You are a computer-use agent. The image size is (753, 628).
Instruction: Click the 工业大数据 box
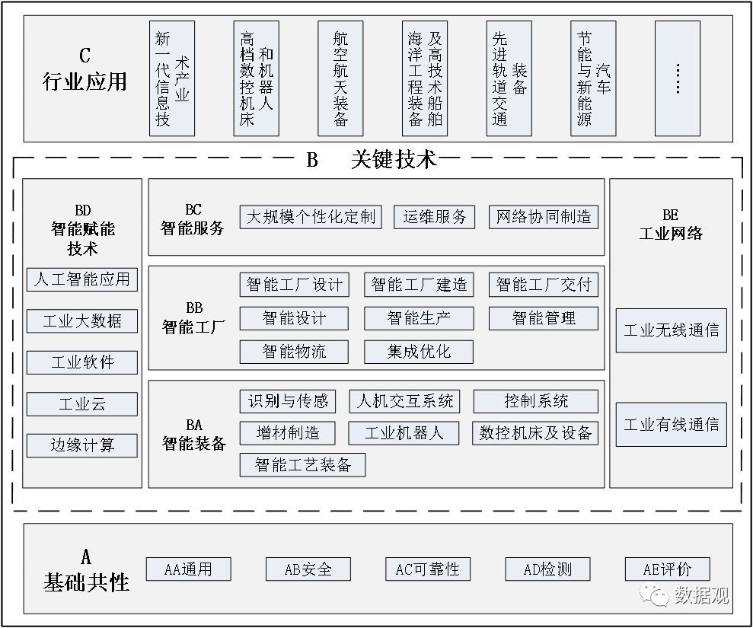click(x=82, y=321)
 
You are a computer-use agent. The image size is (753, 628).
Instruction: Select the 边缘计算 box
click(x=82, y=445)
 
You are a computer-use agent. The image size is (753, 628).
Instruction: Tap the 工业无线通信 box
click(x=671, y=330)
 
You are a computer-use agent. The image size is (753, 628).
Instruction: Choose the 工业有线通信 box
click(x=671, y=425)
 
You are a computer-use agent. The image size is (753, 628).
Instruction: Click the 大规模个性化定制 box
click(x=311, y=217)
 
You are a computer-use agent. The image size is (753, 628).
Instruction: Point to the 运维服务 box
click(x=434, y=217)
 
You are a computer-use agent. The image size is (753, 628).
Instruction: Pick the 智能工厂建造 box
click(x=419, y=285)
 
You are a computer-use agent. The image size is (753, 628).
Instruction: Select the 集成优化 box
click(x=419, y=352)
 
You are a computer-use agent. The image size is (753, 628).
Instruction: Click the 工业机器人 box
click(x=404, y=433)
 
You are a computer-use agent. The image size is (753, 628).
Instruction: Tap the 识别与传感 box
click(x=288, y=401)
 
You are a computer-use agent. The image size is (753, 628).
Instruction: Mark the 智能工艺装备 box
click(x=302, y=465)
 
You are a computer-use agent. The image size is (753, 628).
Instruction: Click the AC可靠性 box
click(x=427, y=569)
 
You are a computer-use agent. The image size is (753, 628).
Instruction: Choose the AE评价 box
click(x=667, y=569)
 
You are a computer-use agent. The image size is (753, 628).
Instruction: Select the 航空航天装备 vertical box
click(x=340, y=78)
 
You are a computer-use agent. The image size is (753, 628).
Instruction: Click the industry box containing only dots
click(x=677, y=78)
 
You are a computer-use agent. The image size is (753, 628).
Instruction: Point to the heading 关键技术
click(x=394, y=159)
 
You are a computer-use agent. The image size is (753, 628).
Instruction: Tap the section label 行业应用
click(x=85, y=81)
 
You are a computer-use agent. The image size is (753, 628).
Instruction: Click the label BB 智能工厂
click(x=193, y=318)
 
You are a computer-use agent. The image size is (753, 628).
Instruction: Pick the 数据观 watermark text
click(x=701, y=595)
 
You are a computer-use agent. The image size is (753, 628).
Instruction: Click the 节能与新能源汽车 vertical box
click(x=593, y=78)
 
